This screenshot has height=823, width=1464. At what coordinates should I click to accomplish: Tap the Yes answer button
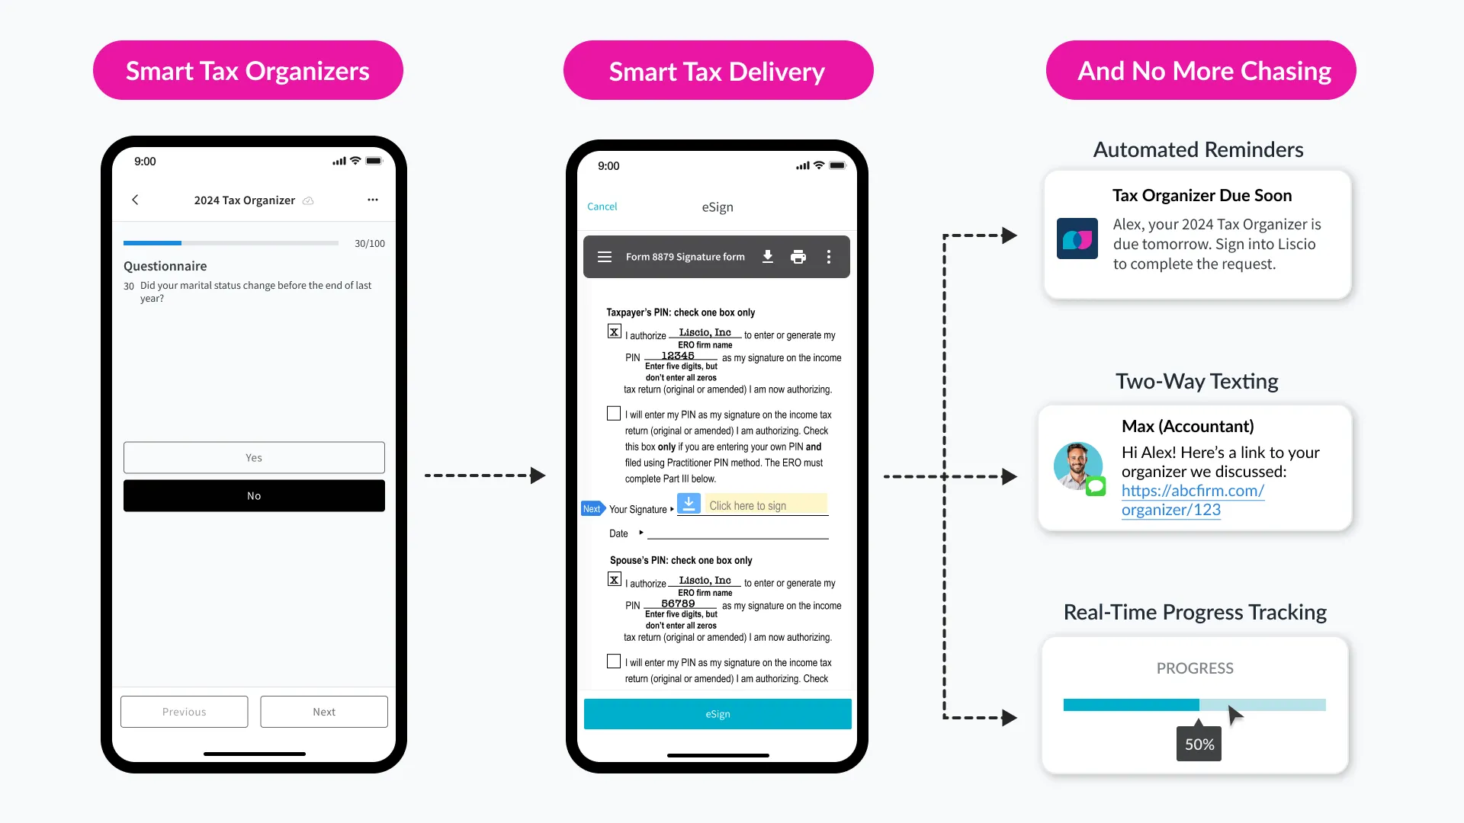click(254, 458)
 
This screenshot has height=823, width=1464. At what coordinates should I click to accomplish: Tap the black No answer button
click(254, 496)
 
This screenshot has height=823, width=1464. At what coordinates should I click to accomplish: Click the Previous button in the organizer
click(184, 712)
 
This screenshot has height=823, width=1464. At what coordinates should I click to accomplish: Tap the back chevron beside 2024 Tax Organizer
click(136, 200)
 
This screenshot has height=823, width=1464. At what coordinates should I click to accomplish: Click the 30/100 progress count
click(370, 244)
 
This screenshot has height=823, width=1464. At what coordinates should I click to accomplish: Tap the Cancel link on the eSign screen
click(602, 207)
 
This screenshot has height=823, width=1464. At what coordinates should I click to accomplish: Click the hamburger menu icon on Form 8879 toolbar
click(605, 257)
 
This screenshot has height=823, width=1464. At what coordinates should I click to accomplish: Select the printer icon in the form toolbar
click(798, 257)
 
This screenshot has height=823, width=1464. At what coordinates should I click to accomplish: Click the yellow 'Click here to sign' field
click(766, 505)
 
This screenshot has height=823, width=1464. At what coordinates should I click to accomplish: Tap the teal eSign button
click(718, 714)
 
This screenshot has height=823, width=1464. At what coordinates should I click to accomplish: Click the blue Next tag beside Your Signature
click(592, 509)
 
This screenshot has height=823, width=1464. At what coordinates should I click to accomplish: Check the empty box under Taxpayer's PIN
click(614, 414)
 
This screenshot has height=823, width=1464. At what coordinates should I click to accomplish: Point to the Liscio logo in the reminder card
click(1077, 239)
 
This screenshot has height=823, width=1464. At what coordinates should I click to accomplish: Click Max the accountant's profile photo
click(1077, 466)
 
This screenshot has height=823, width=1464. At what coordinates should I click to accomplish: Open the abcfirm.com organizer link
click(1192, 500)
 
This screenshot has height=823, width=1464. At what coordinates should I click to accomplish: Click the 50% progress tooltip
click(1199, 745)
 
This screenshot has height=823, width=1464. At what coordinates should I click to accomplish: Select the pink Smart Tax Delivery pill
click(718, 71)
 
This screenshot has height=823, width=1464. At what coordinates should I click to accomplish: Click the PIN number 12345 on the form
click(678, 356)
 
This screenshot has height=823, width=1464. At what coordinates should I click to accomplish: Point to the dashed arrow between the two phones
click(485, 476)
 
